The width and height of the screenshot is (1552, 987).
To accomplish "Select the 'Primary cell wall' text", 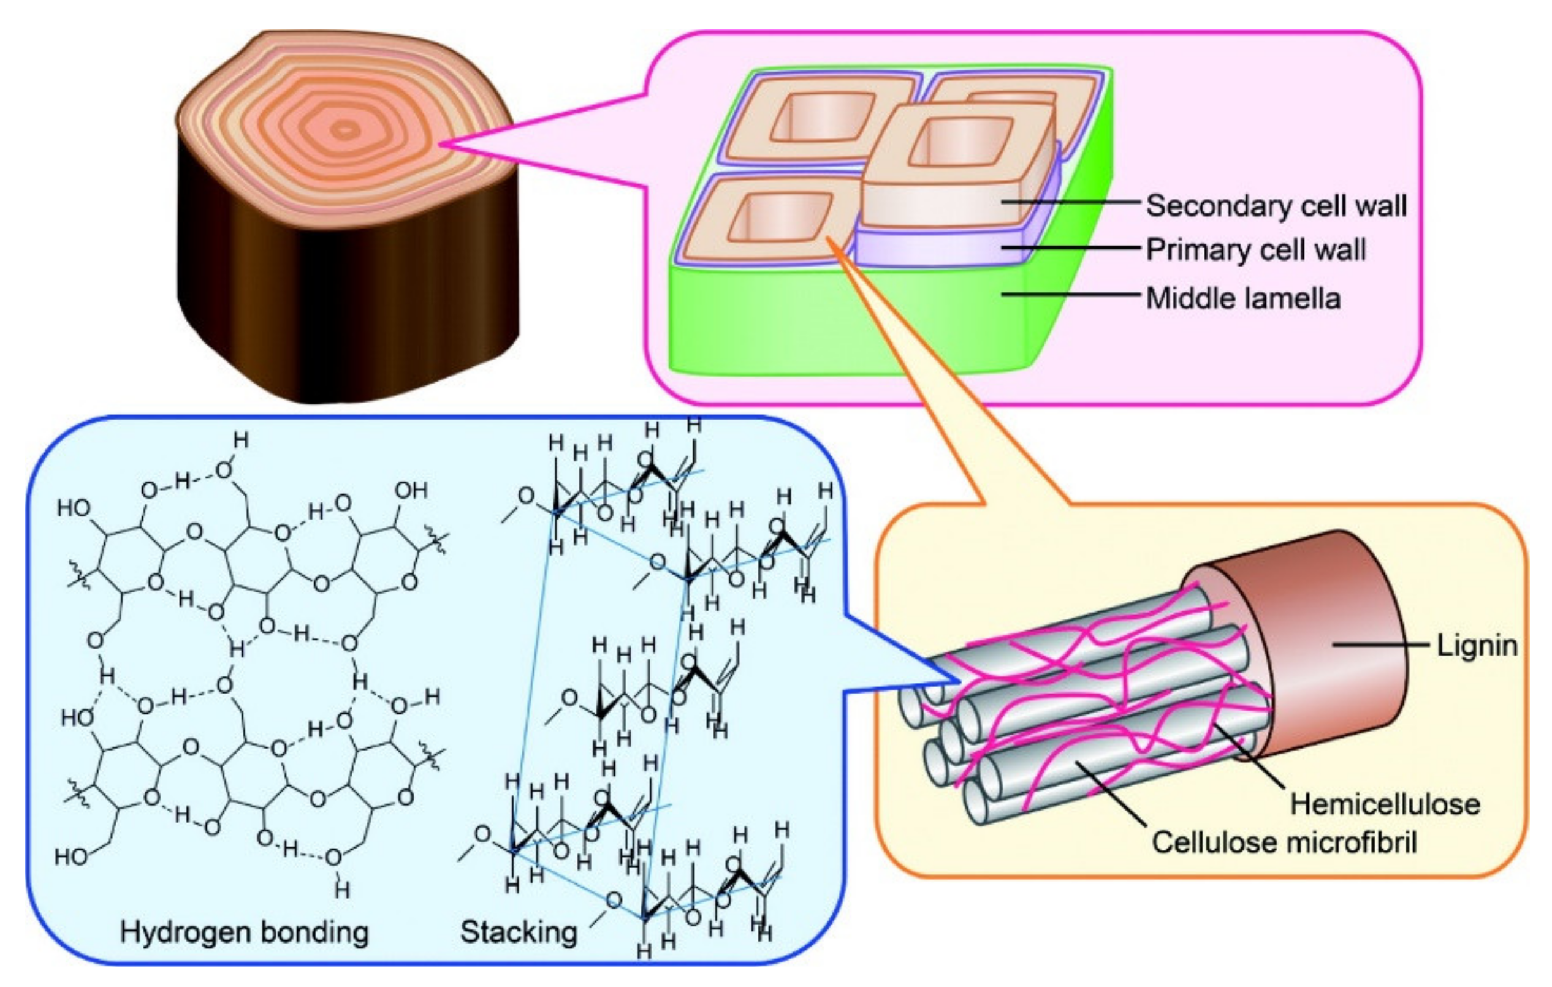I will pos(1255,250).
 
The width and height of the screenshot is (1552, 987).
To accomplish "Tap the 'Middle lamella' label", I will pos(1242,299).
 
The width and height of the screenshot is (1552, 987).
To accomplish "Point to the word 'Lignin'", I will pos(1477,646).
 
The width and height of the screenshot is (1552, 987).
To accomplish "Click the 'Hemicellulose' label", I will pos(1385,804).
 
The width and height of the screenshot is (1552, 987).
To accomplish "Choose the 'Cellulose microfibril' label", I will pos(1284,842).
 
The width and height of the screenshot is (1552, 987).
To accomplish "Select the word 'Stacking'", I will pos(519,932).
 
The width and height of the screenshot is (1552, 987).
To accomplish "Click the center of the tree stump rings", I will pos(346,130).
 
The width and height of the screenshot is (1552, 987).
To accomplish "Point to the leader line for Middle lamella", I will pos(1070,295).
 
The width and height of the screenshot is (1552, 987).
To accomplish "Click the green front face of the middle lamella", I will pos(838,322).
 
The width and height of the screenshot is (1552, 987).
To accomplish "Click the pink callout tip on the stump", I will pos(451,145).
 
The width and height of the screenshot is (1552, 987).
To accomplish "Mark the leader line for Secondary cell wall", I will pos(1070,202).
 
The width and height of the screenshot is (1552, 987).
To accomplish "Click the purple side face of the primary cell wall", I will pos(941,248).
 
